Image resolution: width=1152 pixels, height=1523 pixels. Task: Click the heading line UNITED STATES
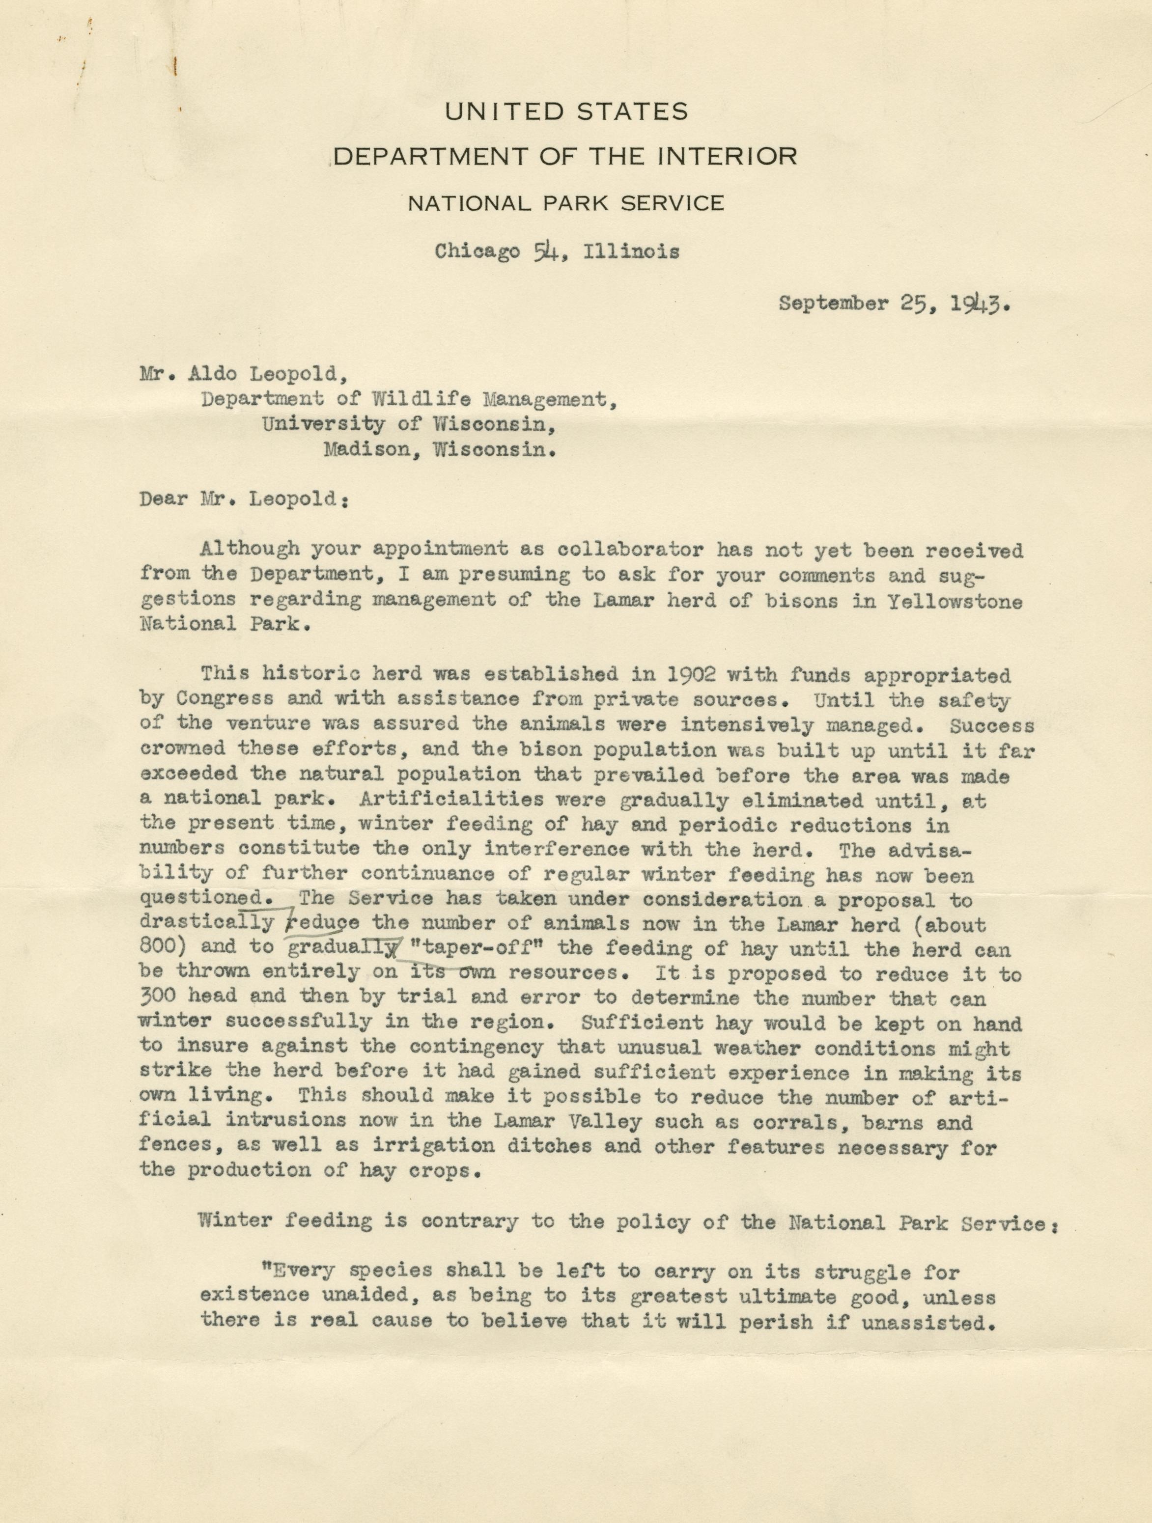click(566, 111)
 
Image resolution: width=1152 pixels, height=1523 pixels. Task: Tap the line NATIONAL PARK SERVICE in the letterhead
click(566, 203)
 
